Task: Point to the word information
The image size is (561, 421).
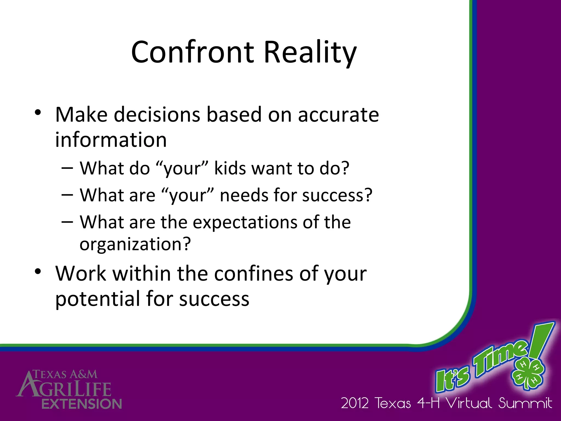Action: (111, 140)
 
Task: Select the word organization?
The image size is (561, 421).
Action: (135, 244)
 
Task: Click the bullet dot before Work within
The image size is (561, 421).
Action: (38, 271)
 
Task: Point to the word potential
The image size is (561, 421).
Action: (98, 299)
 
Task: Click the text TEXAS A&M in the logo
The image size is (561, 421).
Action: (65, 374)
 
